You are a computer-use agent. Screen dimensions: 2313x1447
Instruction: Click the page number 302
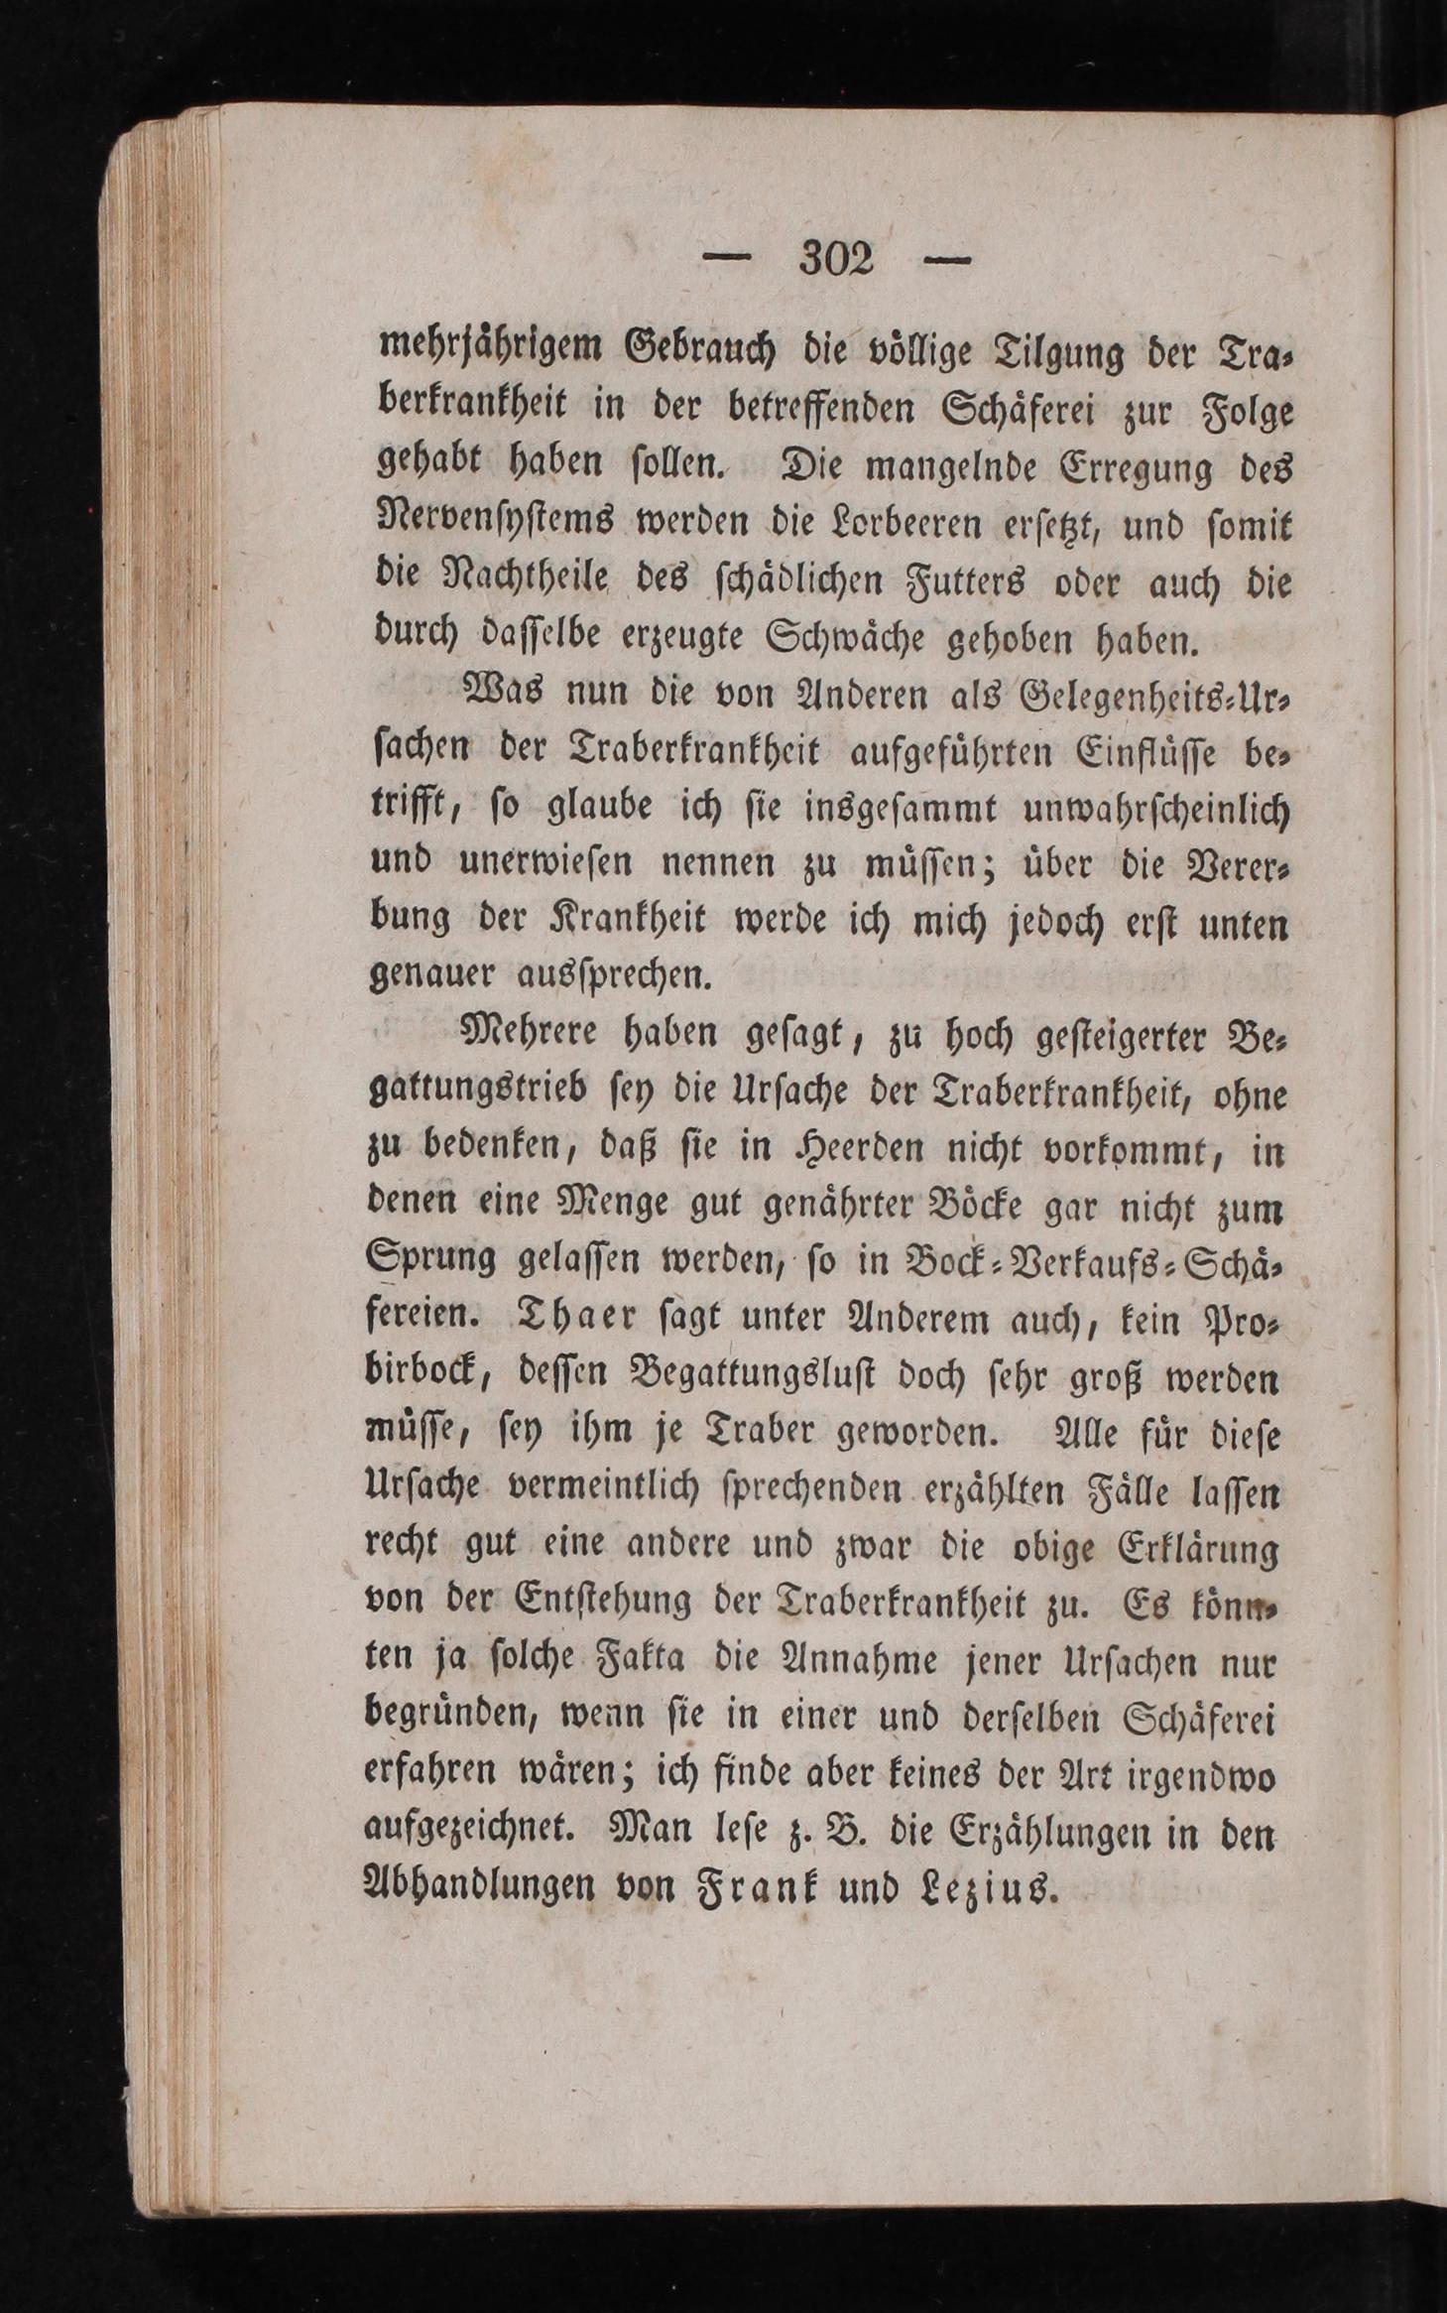[x=836, y=261]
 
